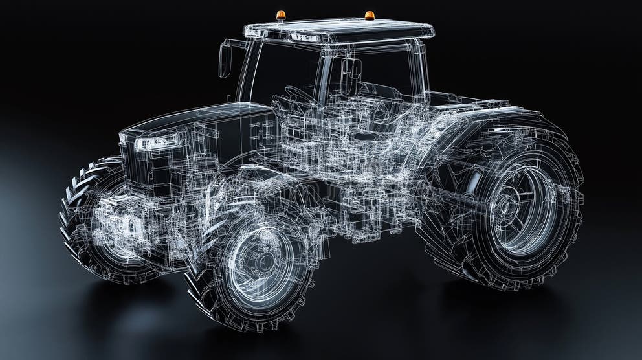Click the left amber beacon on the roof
(x=280, y=15)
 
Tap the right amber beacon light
(x=369, y=15)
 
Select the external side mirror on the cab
(x=225, y=60)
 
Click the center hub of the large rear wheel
(x=504, y=207)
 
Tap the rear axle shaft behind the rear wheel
(x=453, y=194)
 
